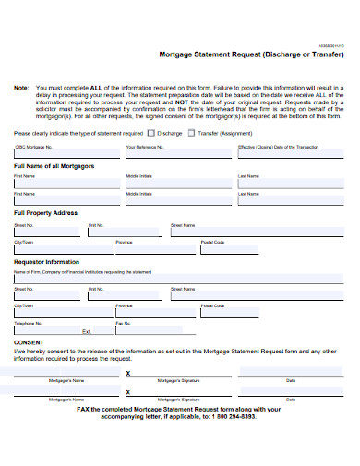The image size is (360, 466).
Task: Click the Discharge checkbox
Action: [153, 132]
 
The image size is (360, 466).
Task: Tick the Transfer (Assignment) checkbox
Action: [192, 132]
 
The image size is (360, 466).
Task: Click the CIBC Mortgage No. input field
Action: [64, 154]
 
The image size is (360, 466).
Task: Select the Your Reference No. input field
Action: [175, 154]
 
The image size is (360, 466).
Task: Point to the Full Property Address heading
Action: [45, 212]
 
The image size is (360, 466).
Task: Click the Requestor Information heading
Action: [46, 261]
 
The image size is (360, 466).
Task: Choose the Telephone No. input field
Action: [46, 330]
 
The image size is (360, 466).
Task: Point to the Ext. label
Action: [87, 331]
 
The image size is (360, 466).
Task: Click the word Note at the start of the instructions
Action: [21, 87]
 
